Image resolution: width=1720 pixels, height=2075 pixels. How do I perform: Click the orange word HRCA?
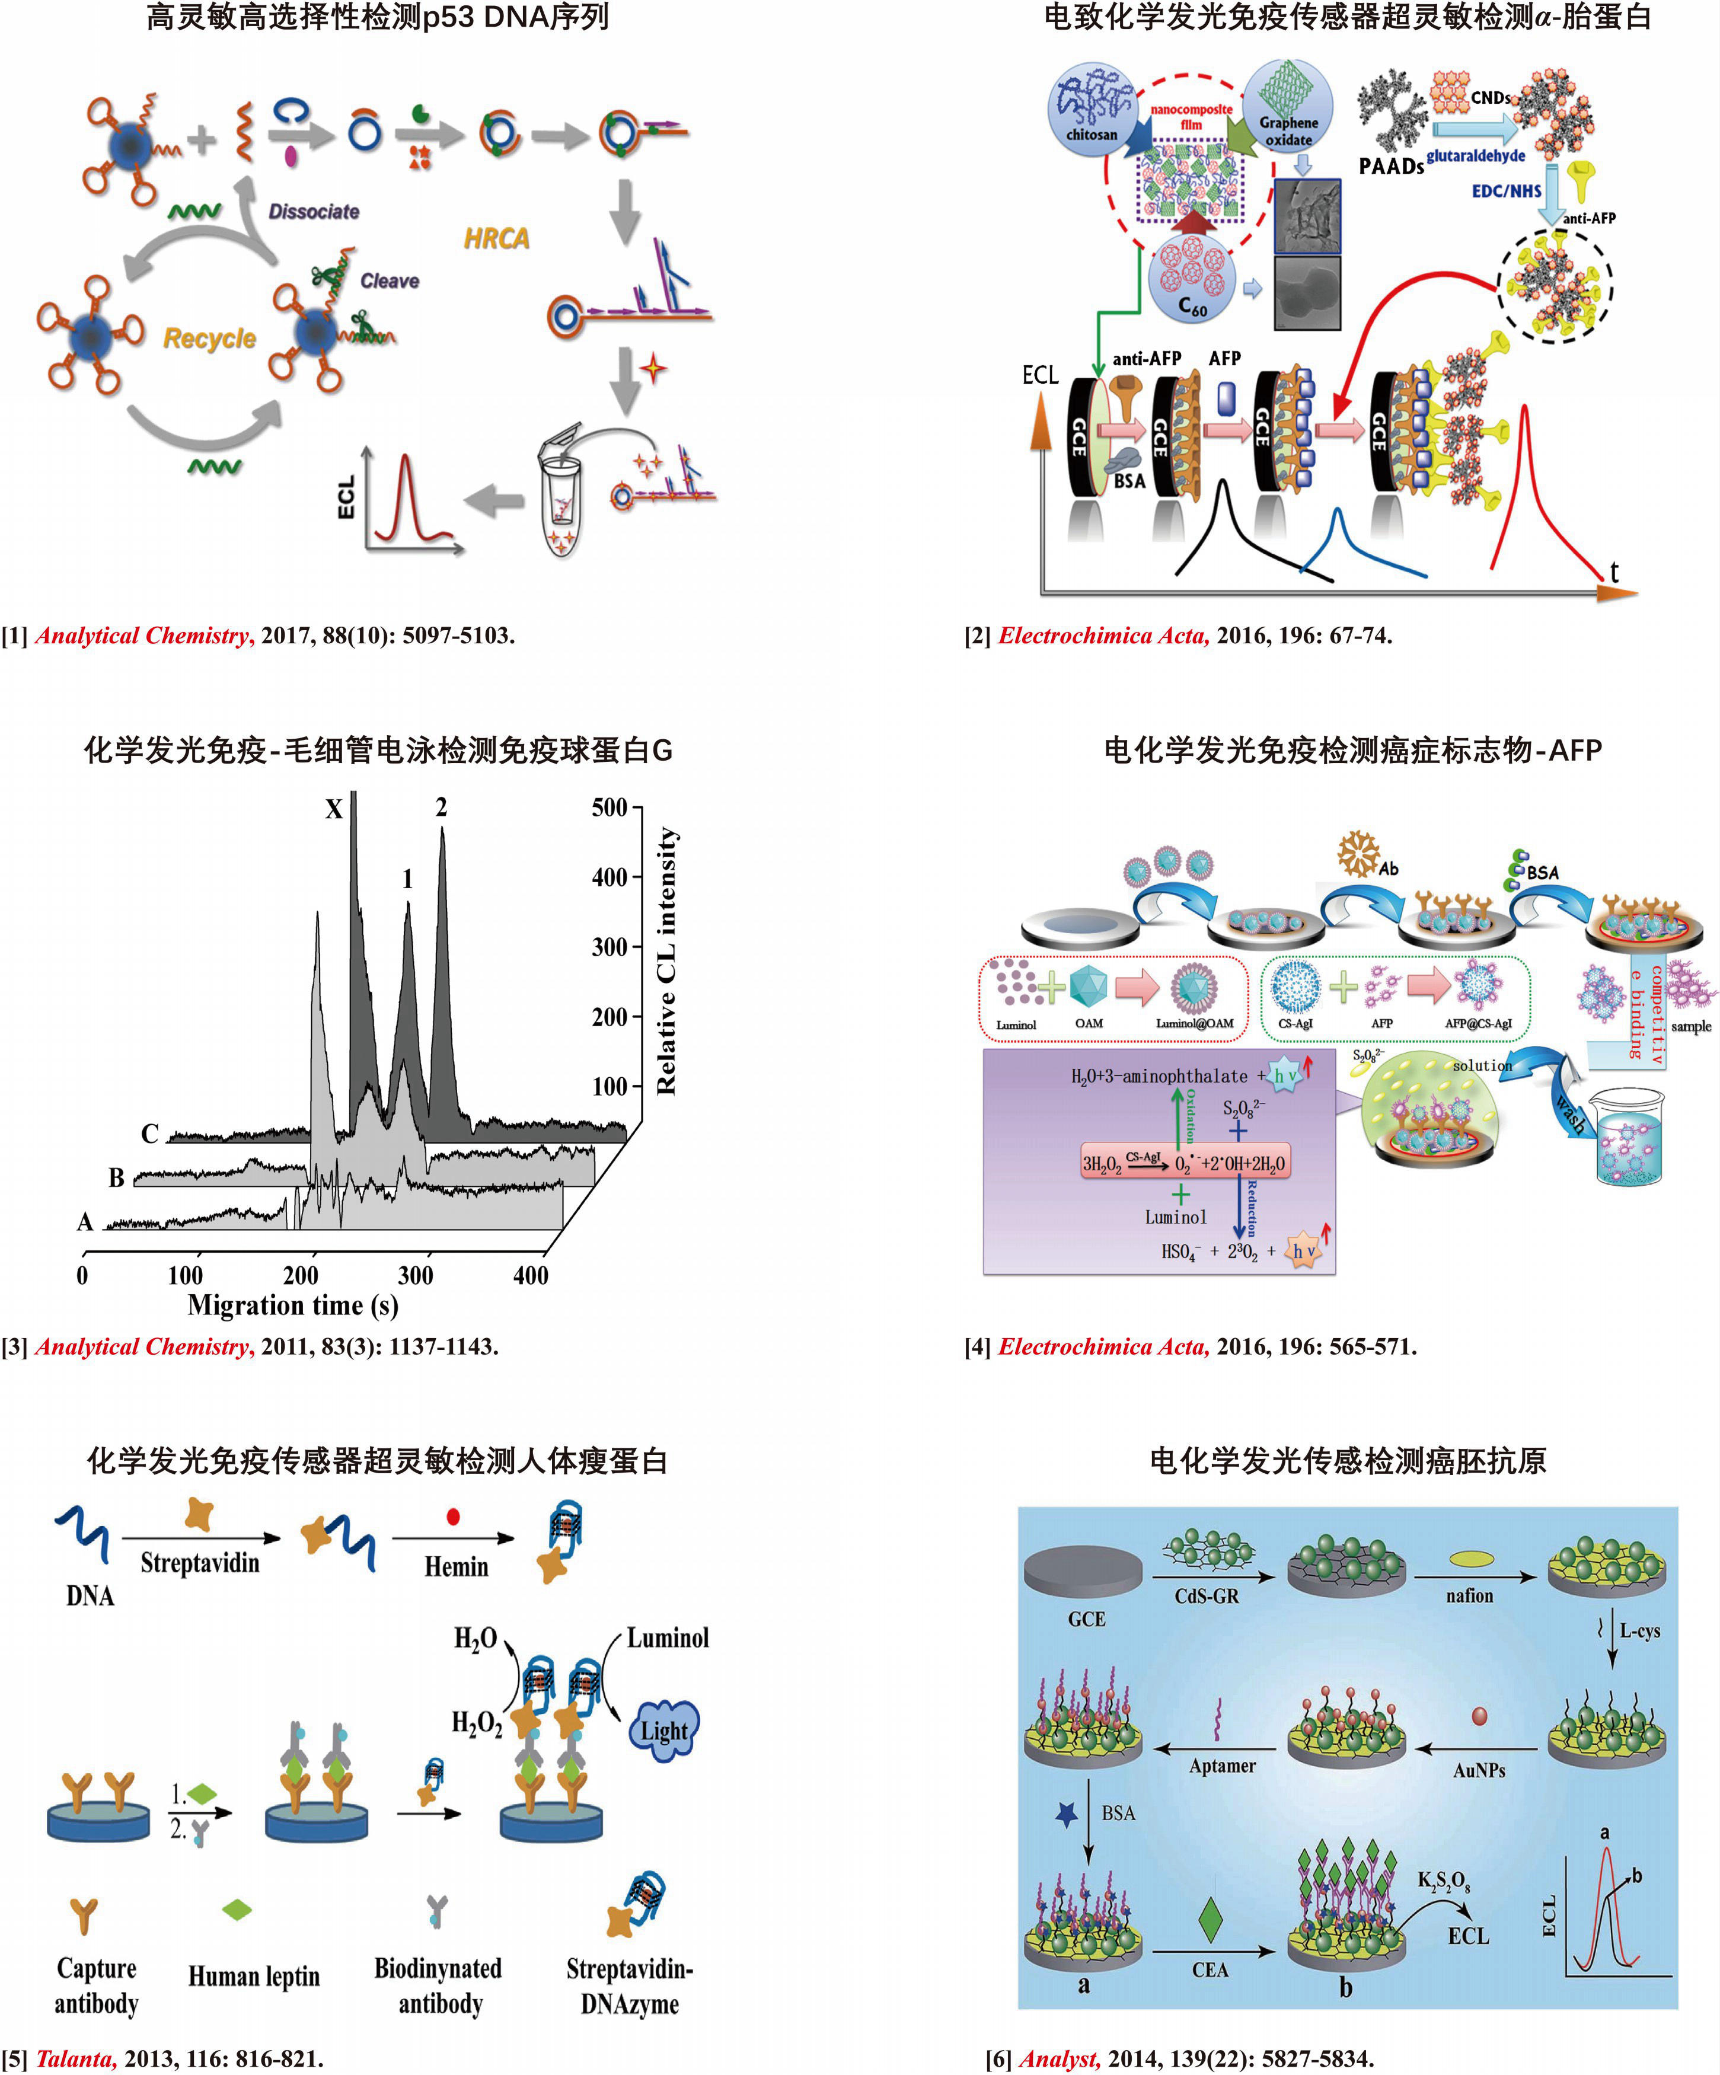(x=496, y=238)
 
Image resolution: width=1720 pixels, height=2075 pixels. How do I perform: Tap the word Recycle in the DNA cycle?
(x=209, y=339)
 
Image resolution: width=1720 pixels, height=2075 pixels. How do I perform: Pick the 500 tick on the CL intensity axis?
(x=610, y=807)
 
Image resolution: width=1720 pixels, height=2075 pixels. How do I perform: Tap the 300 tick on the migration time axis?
(x=415, y=1276)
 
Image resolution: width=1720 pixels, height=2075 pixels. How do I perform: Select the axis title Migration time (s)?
(x=293, y=1306)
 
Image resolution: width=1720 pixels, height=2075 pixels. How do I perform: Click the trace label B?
(x=117, y=1178)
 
